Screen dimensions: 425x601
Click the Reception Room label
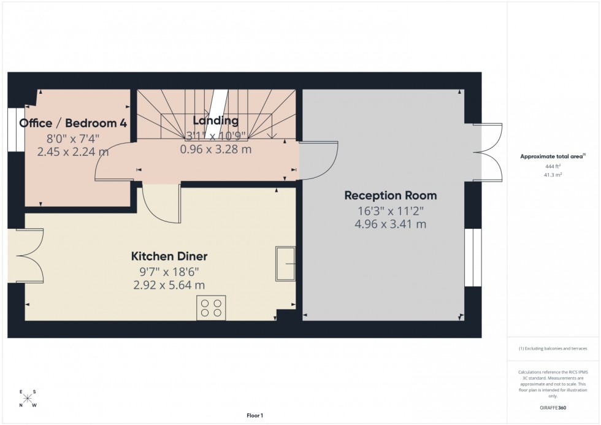(390, 196)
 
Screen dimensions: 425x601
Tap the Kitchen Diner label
(169, 256)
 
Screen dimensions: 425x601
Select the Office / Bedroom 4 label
(73, 123)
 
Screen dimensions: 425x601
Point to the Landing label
(215, 121)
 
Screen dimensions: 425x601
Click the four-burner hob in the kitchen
(211, 307)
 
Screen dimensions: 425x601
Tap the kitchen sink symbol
(286, 264)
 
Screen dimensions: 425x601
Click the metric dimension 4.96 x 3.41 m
(390, 224)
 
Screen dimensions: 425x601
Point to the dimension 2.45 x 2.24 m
(73, 151)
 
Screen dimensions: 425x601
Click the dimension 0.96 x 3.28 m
(215, 149)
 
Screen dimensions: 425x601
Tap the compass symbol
(28, 398)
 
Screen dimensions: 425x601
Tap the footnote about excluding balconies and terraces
(553, 348)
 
